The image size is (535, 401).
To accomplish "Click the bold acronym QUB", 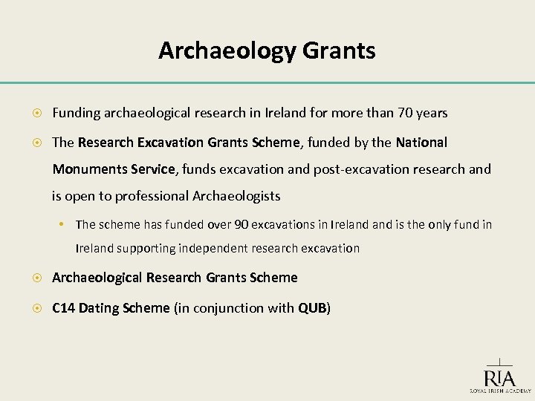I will click(311, 308).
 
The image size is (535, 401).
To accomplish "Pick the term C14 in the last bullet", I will click(65, 308).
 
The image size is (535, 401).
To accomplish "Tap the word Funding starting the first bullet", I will click(77, 113).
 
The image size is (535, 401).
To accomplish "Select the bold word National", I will click(421, 141).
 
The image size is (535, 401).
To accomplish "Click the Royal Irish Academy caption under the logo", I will click(499, 391).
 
